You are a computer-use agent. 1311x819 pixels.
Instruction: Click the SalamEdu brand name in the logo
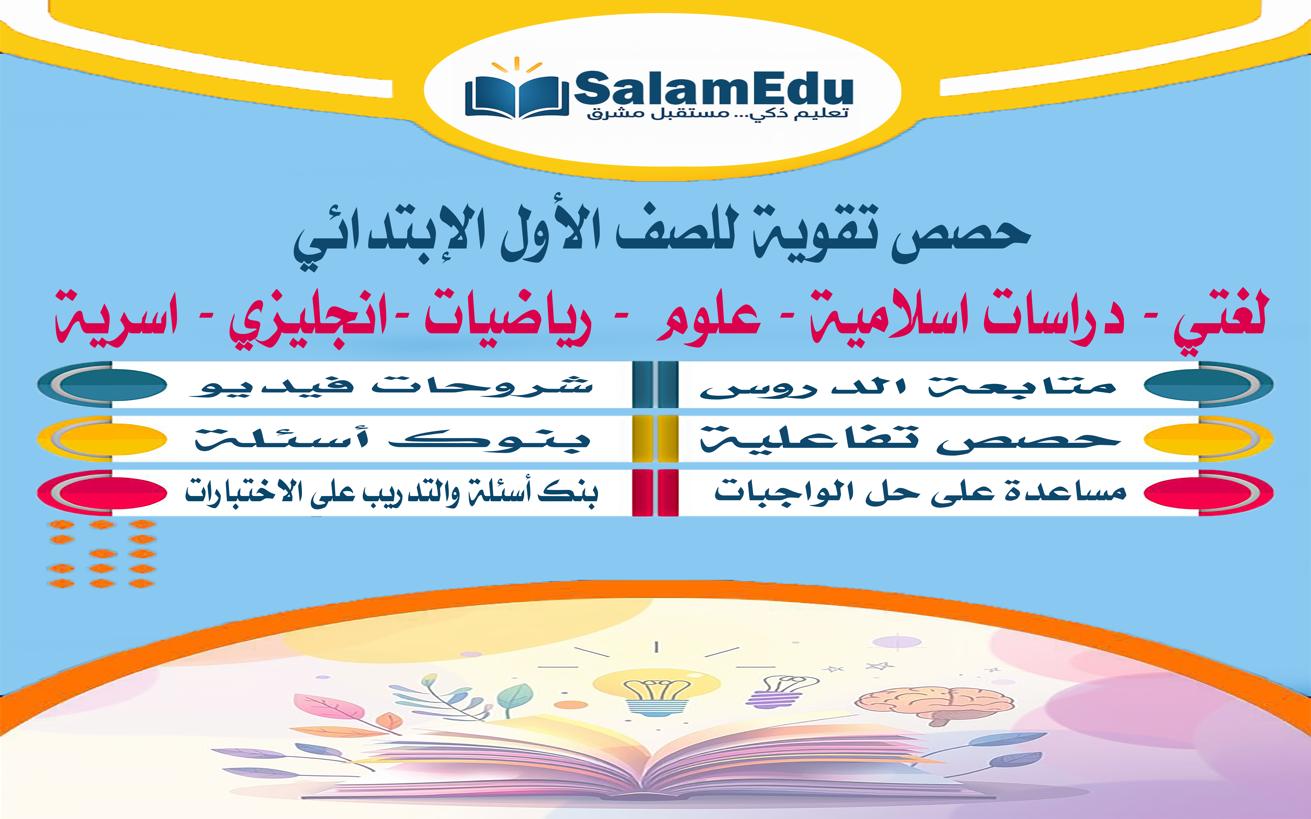[x=713, y=89]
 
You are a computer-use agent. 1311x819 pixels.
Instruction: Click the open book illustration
[x=655, y=758]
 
